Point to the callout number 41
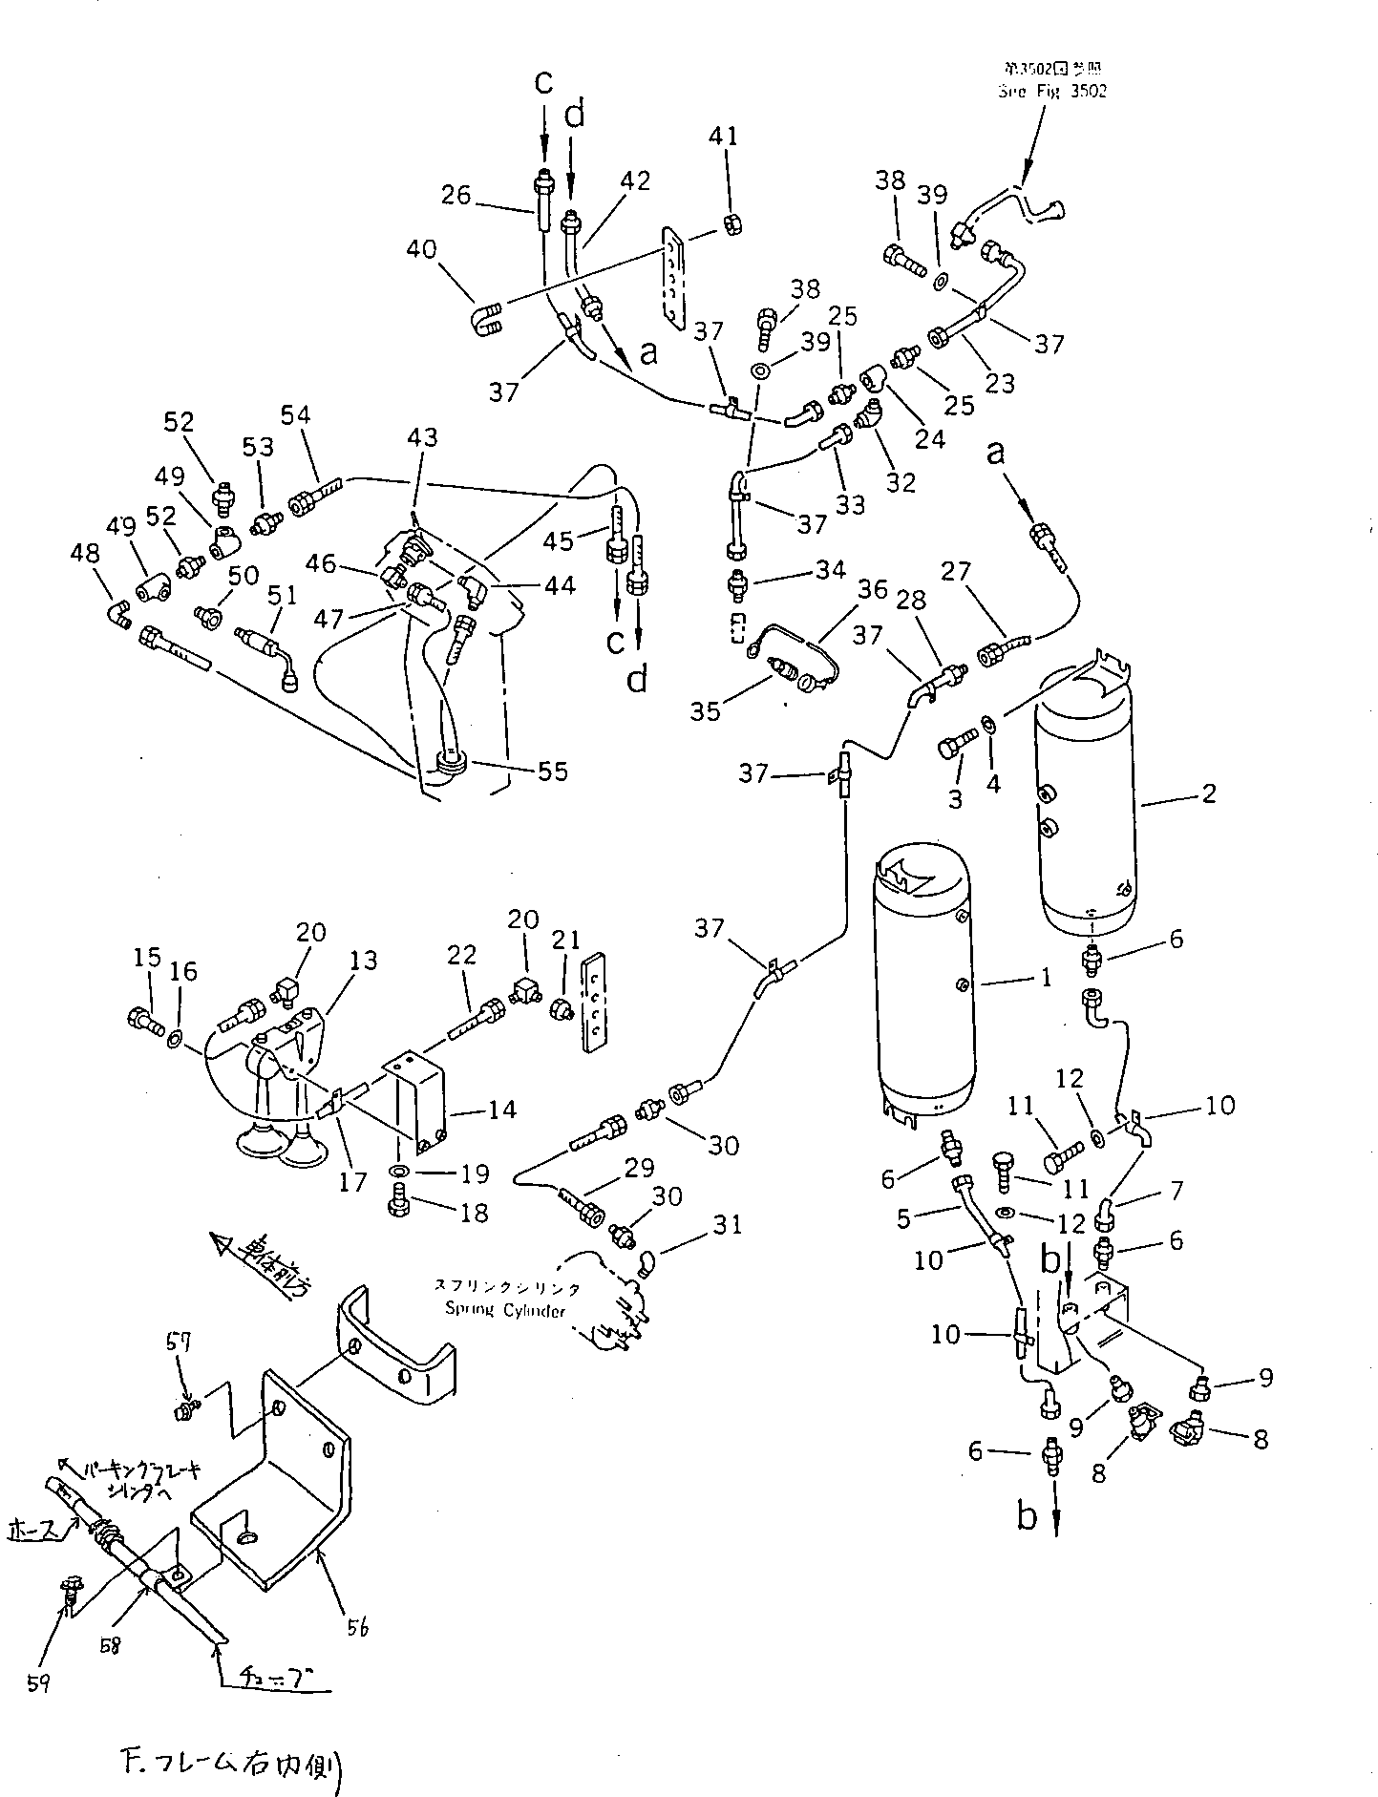724,137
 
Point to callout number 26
456,195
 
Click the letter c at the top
542,83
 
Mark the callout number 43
422,437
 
